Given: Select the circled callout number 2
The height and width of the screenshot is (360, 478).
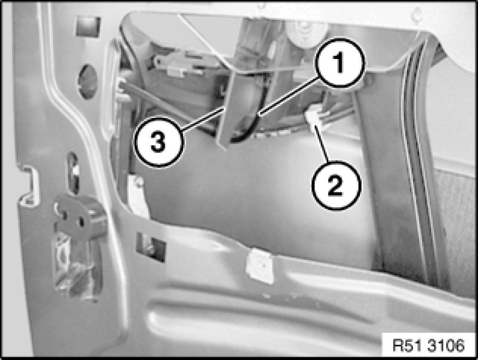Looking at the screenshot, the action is click(x=336, y=185).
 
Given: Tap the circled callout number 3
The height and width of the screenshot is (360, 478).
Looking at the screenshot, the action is click(x=158, y=143).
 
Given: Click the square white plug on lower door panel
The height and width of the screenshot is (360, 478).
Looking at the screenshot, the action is click(x=260, y=265).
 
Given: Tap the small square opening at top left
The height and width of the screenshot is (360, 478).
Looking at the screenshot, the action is click(x=88, y=27).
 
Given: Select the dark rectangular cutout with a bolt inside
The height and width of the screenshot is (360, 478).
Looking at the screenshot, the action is click(x=151, y=247).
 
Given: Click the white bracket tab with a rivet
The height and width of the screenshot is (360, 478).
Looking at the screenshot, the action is click(x=137, y=194).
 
